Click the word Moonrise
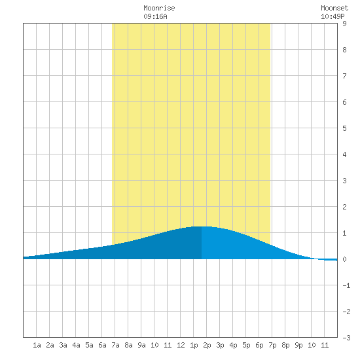159,8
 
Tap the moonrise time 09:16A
155,16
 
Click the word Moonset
334,8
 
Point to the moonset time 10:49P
333,16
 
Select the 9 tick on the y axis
344,24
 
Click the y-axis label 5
344,128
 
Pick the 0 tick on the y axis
344,259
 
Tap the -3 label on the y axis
346,338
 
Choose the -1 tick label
346,285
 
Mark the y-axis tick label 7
344,76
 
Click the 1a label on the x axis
37,345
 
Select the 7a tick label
115,345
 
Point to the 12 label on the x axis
181,345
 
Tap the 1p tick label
194,345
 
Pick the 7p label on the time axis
272,345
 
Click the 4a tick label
76,345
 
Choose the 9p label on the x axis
298,345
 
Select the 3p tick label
220,345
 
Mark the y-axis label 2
344,207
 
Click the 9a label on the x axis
141,345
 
